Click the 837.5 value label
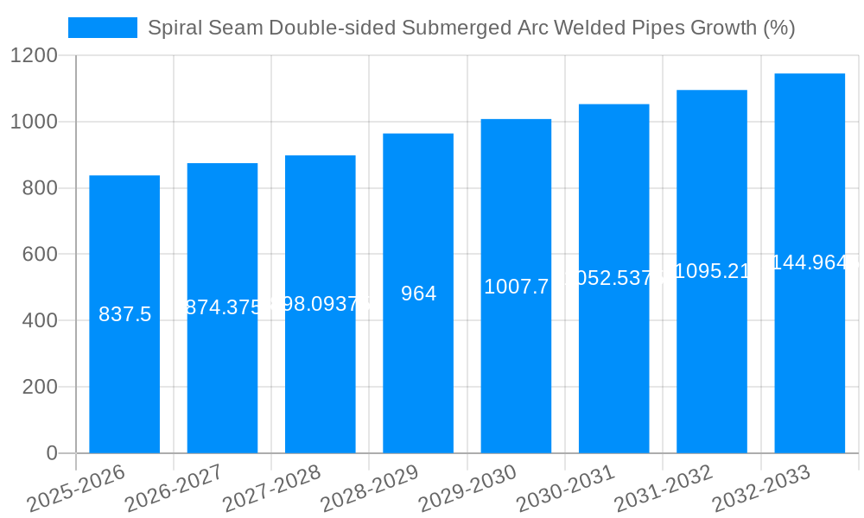pyautogui.click(x=124, y=314)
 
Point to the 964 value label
pyautogui.click(x=418, y=294)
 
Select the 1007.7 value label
pyautogui.click(x=516, y=287)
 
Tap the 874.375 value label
pyautogui.click(x=223, y=307)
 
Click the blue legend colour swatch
pyautogui.click(x=102, y=28)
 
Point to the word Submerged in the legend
pyautogui.click(x=449, y=28)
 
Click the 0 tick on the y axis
pyautogui.click(x=51, y=453)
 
